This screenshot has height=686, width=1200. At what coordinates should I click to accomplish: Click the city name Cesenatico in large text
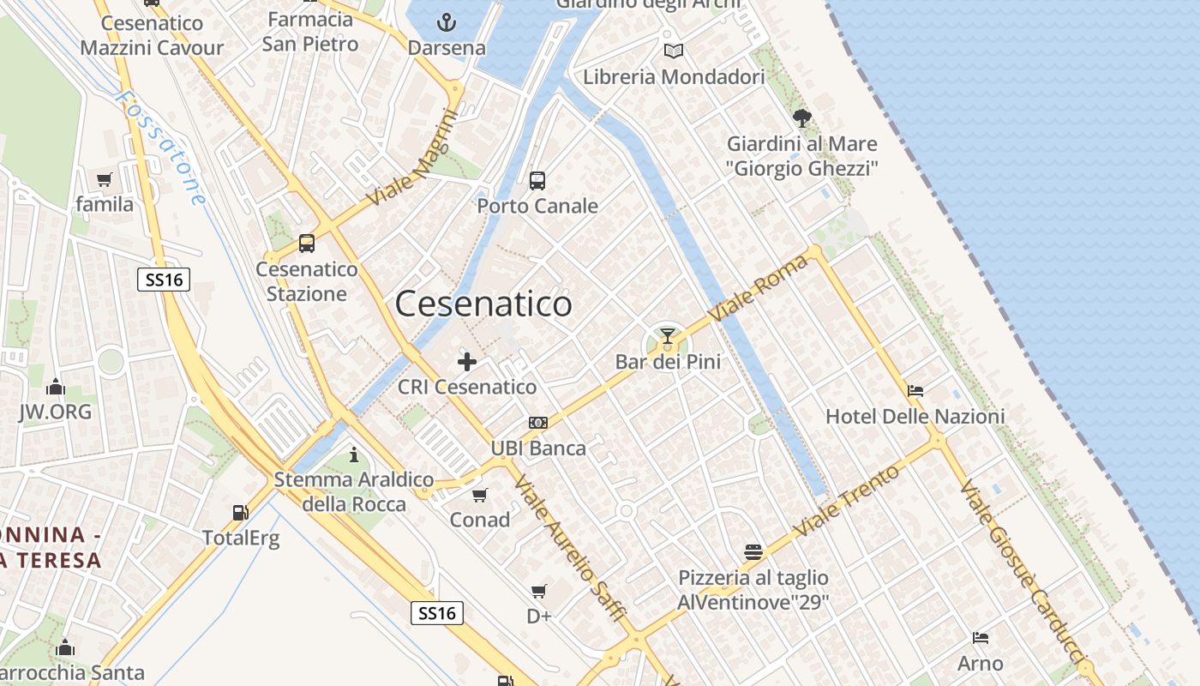483,304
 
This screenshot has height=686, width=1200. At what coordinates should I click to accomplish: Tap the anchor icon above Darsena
446,22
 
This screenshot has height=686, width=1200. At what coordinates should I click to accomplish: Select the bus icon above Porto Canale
537,181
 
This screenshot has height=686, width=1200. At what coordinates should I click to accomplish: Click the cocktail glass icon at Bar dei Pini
668,335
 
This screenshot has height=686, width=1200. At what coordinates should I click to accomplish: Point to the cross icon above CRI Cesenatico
467,362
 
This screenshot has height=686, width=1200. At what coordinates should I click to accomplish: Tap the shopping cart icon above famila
105,179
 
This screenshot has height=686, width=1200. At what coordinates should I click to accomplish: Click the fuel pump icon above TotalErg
241,513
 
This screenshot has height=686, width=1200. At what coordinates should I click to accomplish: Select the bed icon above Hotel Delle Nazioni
915,391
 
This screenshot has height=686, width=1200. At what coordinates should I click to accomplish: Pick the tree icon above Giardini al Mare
802,117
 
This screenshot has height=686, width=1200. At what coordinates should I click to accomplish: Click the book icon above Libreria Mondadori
674,51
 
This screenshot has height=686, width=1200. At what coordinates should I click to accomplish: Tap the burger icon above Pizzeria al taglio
753,551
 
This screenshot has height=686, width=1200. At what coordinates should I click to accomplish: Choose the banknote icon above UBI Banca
538,423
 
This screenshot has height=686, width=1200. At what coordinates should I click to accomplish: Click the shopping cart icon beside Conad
480,495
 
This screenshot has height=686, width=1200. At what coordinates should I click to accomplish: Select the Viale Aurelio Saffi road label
569,549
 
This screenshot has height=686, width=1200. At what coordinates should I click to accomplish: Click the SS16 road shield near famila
164,279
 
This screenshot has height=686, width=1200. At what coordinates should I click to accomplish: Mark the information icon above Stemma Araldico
354,454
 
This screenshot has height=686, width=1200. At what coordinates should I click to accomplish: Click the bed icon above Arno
981,638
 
